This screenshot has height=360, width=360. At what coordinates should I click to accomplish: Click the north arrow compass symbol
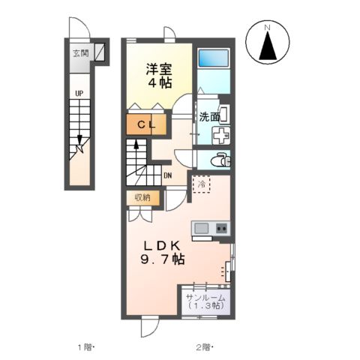(269, 44)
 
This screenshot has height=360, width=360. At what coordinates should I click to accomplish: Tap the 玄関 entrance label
(80, 53)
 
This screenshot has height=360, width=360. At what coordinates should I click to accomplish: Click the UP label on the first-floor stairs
(79, 94)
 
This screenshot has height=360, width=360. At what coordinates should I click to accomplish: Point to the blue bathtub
(214, 58)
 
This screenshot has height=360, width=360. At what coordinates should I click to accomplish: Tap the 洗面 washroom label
(209, 117)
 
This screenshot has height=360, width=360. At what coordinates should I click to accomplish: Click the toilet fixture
(218, 160)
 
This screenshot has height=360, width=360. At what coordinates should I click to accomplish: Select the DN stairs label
(166, 176)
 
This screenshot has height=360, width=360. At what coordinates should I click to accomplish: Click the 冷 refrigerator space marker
(201, 183)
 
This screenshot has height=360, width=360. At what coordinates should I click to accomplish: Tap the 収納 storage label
(142, 197)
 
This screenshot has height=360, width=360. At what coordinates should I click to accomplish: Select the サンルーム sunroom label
(205, 298)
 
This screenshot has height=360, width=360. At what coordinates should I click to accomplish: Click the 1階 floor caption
(86, 346)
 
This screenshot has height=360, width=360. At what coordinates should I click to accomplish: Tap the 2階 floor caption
(204, 346)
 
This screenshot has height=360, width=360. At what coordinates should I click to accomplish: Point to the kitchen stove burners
(221, 228)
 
